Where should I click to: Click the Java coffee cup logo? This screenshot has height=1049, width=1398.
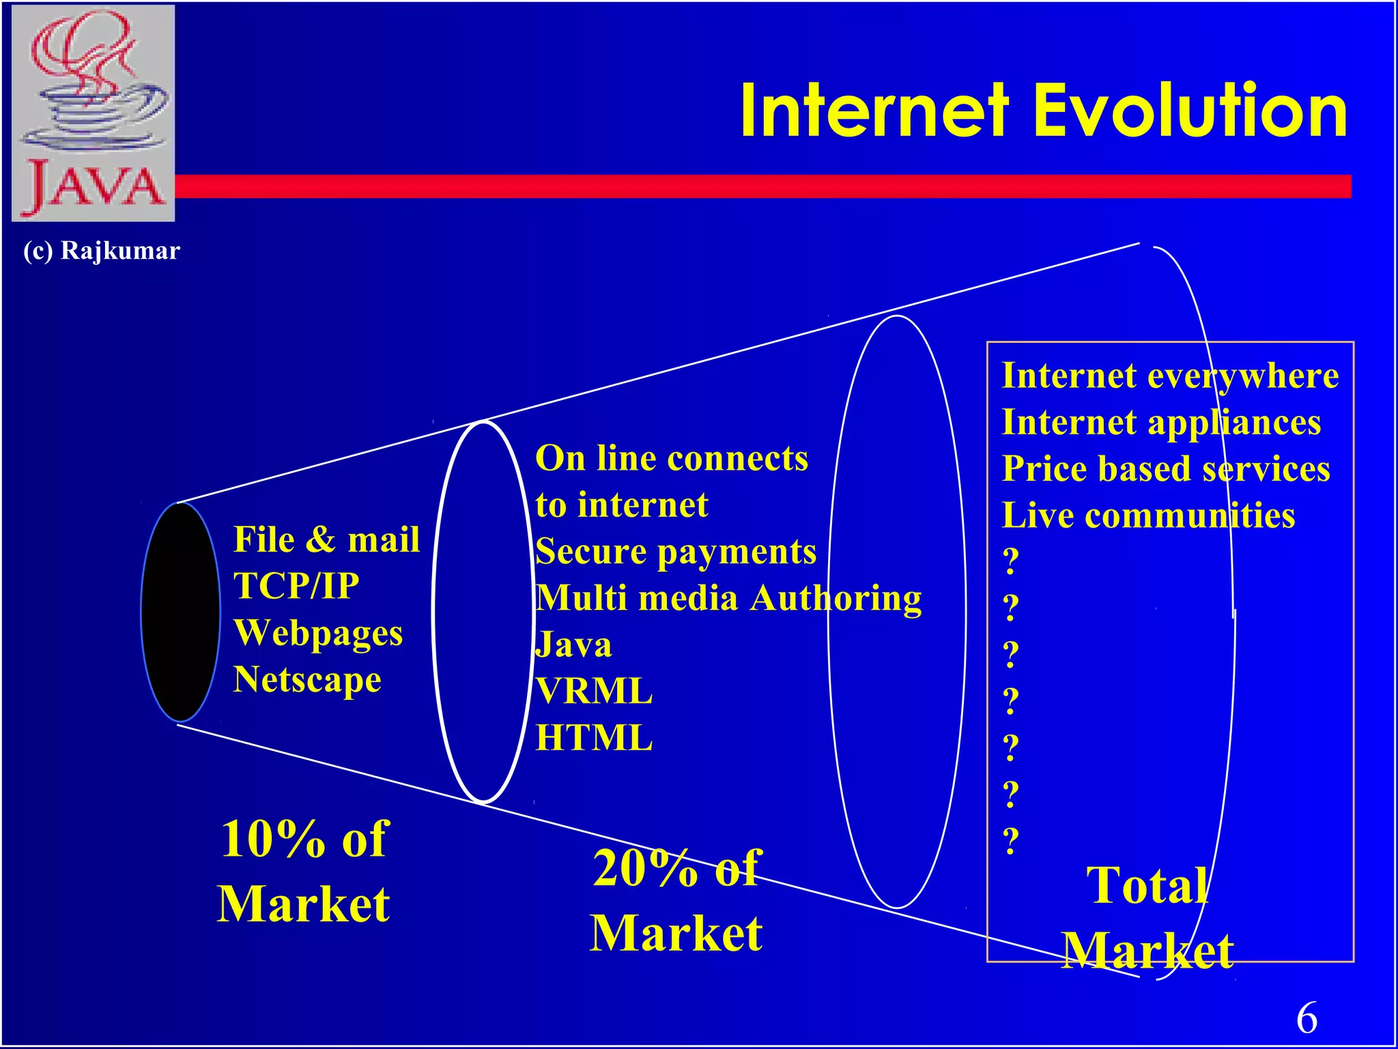point(94,113)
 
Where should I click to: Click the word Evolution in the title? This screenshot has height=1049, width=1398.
point(1190,111)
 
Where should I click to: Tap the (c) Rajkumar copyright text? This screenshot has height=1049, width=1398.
point(102,251)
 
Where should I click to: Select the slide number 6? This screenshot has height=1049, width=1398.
point(1307,1018)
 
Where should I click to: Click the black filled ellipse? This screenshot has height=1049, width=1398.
point(180,612)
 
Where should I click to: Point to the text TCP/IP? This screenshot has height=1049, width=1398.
point(296,586)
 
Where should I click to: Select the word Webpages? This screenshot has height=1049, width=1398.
point(318,632)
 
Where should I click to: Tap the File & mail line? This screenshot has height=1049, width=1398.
point(326,540)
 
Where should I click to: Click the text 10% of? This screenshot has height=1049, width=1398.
point(304,839)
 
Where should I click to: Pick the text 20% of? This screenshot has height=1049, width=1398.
point(676,868)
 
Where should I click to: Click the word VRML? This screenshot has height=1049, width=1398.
point(594,691)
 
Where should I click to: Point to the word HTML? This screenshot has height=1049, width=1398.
point(594,738)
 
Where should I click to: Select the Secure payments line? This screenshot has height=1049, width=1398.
point(676,551)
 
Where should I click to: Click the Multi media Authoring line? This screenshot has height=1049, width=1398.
point(728,598)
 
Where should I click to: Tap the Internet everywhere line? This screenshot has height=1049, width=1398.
point(1170,376)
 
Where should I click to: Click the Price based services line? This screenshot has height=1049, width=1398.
point(1166,469)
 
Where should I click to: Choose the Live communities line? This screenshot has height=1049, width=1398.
point(1148,516)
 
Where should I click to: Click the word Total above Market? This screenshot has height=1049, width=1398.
point(1147,886)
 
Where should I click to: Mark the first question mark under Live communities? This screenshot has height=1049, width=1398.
point(1011,561)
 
